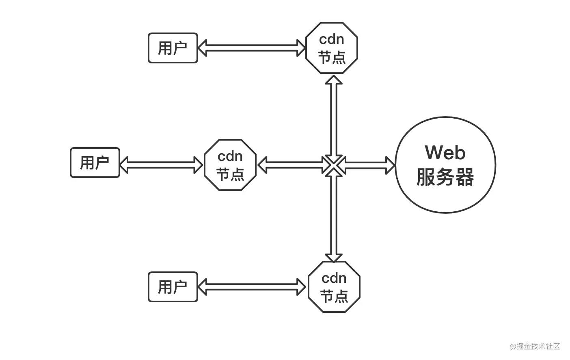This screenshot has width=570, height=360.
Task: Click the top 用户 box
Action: [x=173, y=48]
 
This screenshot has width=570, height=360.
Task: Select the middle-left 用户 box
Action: [x=95, y=163]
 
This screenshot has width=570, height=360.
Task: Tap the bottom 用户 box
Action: [x=173, y=287]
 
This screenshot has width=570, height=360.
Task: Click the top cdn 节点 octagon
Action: [x=331, y=48]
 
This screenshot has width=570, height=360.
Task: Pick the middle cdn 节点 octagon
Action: [x=230, y=165]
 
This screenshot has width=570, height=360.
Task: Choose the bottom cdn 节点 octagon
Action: [x=334, y=287]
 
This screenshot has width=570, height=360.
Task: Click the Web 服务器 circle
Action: [x=445, y=165]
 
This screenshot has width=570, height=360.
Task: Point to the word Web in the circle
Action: [x=445, y=152]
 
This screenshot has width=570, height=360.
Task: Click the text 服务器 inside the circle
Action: [x=445, y=177]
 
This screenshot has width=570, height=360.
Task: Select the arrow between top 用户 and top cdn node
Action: [x=252, y=48]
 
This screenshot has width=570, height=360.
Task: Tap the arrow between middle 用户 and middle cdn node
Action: [x=162, y=165]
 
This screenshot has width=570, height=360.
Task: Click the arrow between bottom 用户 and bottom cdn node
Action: [x=252, y=287]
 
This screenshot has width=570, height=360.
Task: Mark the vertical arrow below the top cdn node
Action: [x=334, y=118]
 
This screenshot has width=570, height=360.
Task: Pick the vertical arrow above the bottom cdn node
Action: [x=334, y=215]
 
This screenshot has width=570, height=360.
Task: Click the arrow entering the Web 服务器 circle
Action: [x=369, y=165]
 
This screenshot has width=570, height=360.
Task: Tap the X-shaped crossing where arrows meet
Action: [x=334, y=165]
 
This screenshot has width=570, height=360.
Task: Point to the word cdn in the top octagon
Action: [x=331, y=39]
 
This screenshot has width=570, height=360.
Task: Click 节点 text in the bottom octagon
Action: [x=334, y=296]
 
